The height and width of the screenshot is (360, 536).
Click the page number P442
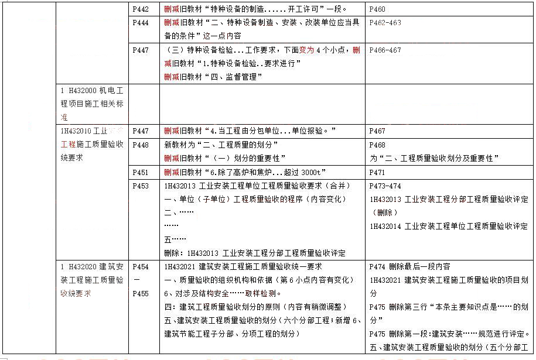(141, 9)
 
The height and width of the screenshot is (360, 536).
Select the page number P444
(141, 23)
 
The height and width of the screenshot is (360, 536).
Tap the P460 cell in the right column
(378, 9)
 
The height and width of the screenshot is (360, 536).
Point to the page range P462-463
(385, 23)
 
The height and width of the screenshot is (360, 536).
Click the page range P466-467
(385, 50)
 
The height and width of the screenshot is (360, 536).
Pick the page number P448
(141, 145)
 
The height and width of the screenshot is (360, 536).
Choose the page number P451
(141, 172)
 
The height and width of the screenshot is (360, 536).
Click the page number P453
(141, 186)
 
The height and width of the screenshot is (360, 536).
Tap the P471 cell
(378, 172)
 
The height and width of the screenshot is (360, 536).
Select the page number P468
(378, 145)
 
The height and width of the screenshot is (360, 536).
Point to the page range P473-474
(385, 186)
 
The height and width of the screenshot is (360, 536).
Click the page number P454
(141, 266)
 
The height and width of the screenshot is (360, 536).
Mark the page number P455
(141, 293)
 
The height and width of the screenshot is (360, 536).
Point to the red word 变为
(307, 50)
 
